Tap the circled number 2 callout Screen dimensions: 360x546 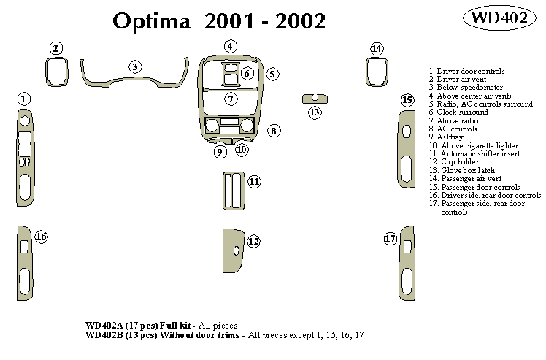56,48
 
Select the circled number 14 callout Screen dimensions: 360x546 377,49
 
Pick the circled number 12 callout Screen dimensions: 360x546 253,240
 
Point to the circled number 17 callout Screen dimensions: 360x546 391,238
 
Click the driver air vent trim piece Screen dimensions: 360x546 56,72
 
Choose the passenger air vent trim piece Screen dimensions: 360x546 377,72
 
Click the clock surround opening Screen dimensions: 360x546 231,72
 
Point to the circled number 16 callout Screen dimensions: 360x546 41,237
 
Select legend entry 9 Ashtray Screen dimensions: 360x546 446,137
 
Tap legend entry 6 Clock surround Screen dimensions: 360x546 458,112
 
